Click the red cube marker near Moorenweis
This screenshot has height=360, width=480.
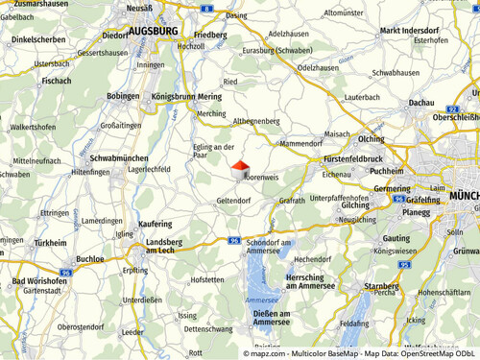coord(240,170)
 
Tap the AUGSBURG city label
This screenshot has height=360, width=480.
coord(153,32)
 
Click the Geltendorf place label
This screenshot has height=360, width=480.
coord(233,201)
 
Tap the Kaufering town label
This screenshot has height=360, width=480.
coord(156,223)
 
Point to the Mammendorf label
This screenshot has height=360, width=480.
coord(300,143)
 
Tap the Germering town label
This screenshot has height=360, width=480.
coord(391,189)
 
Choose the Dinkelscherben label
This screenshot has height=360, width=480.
coord(37,40)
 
